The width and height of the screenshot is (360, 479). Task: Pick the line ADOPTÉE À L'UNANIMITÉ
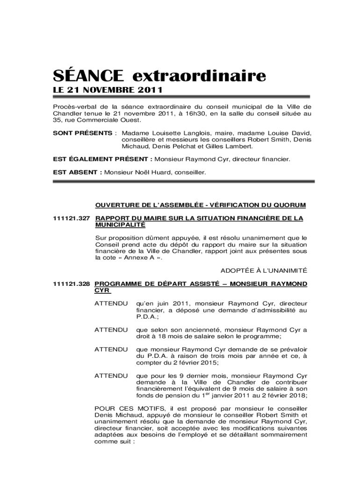tap(263, 270)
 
